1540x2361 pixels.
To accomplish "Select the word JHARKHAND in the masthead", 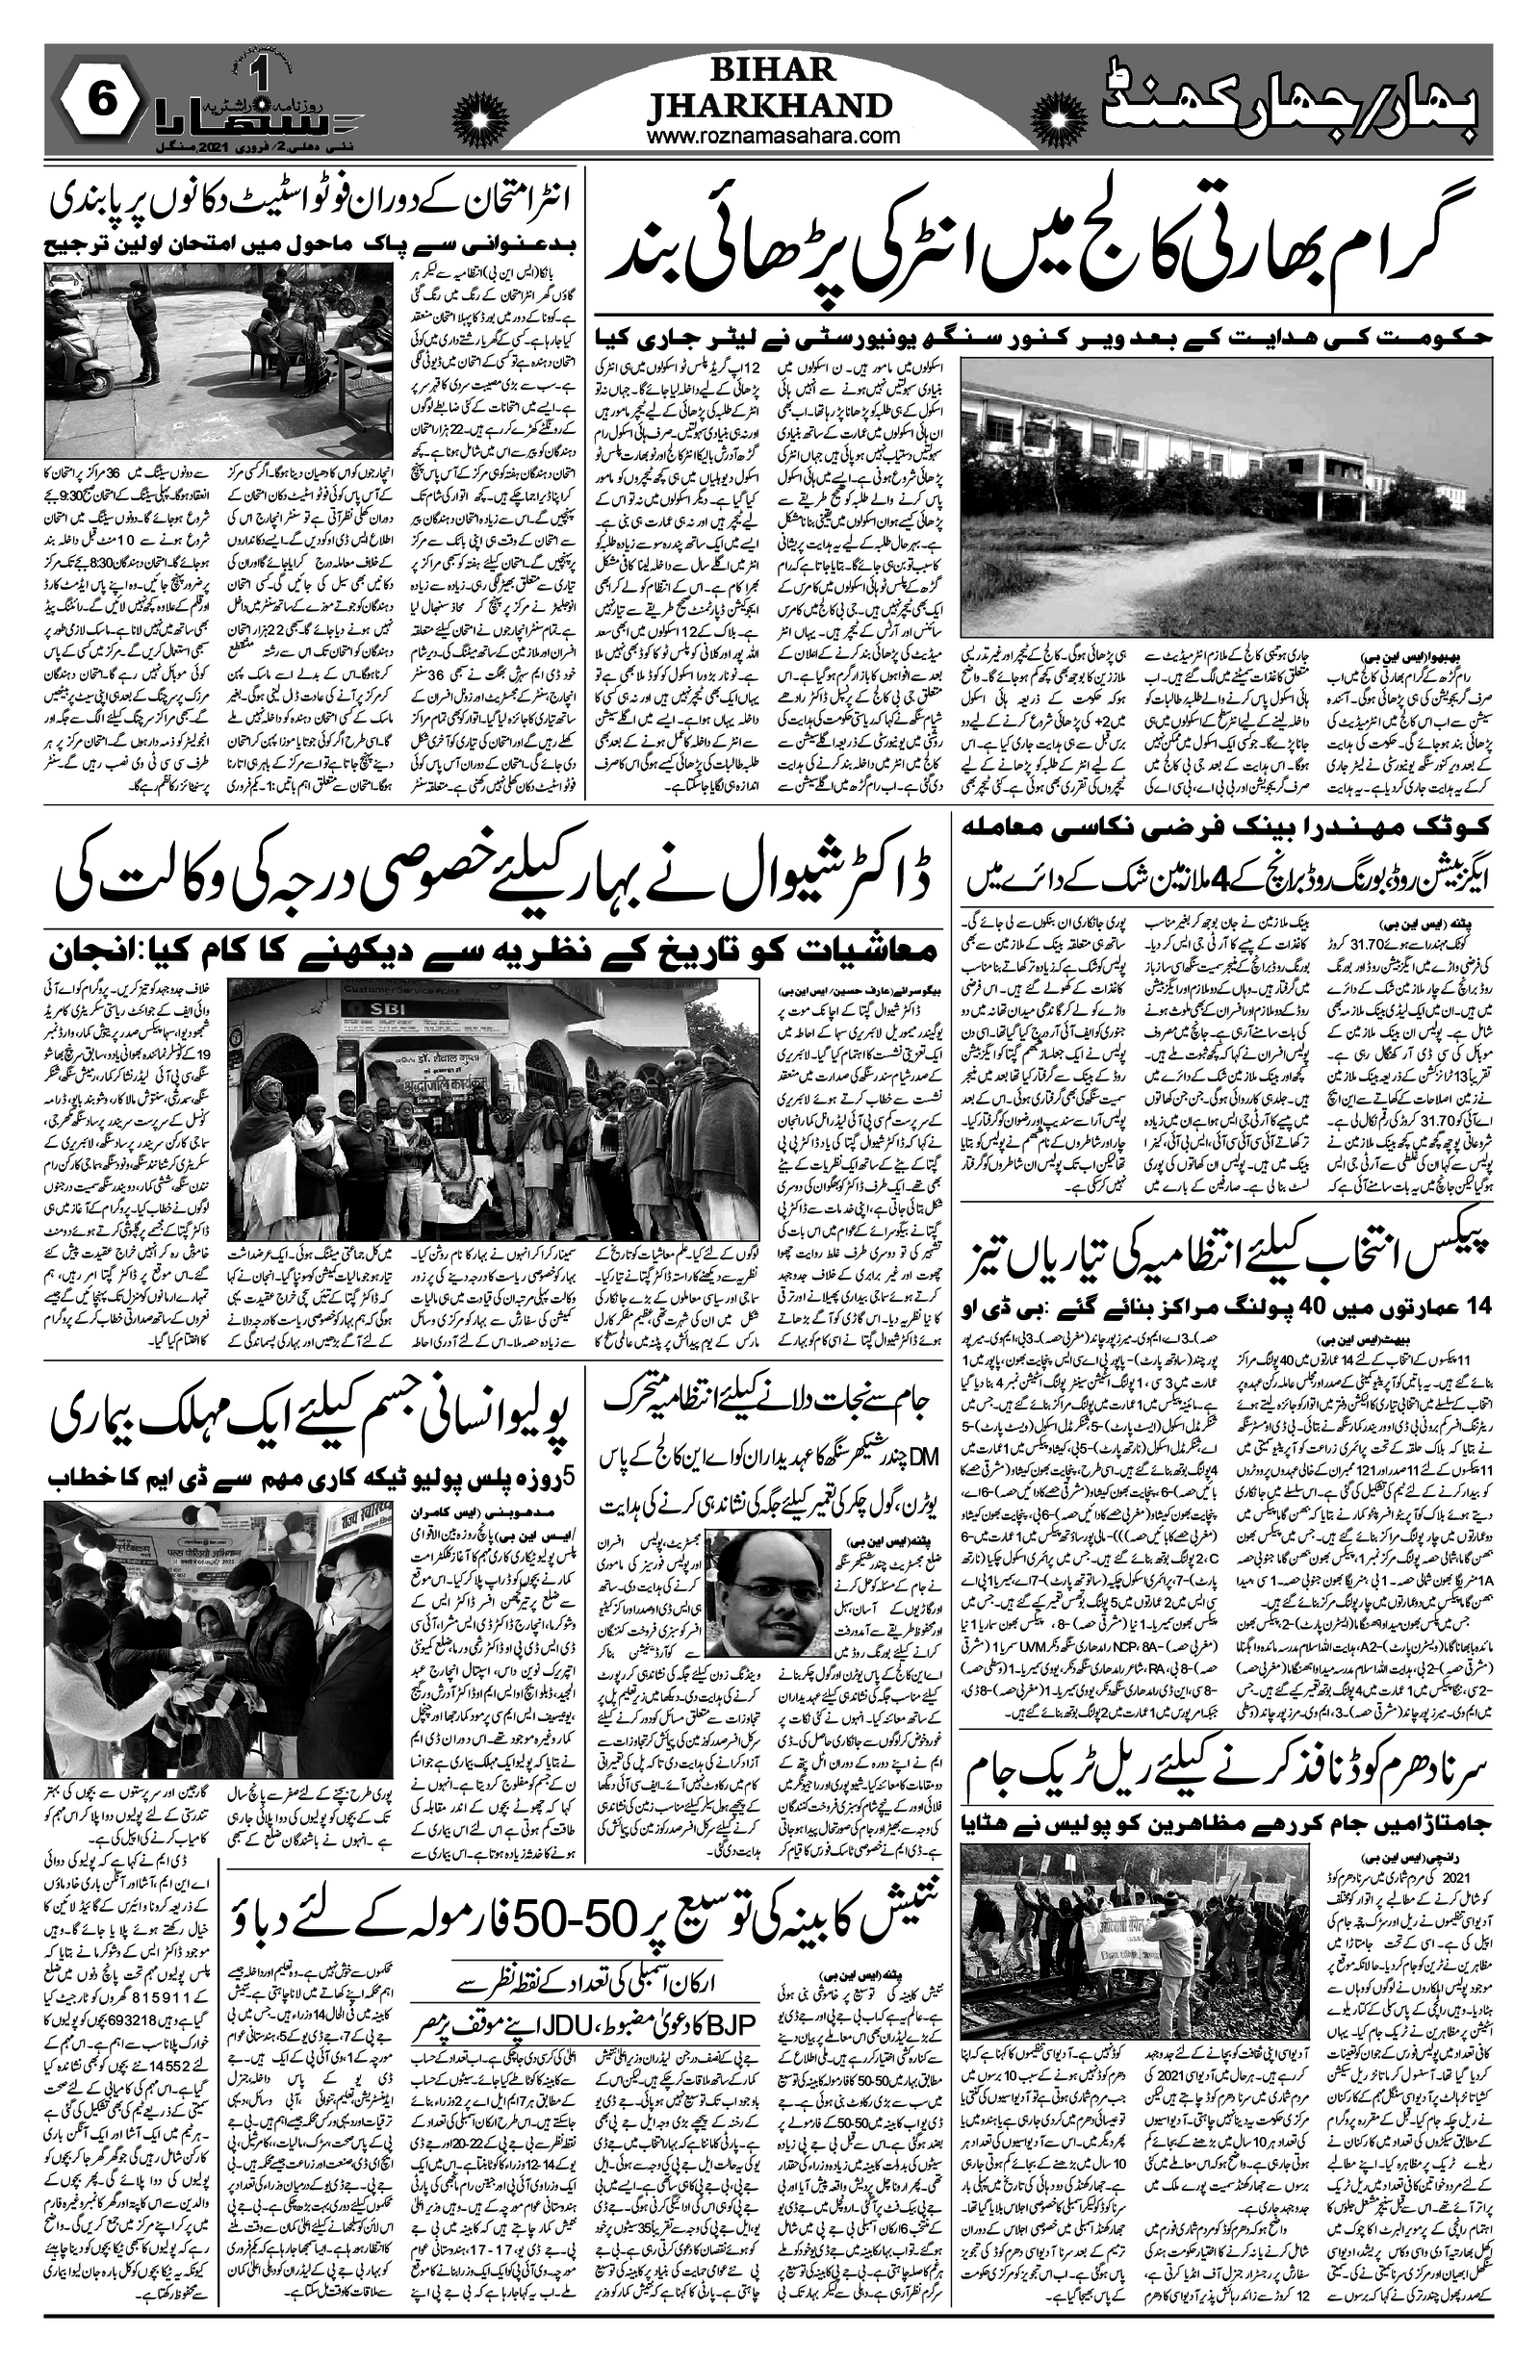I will [770, 103].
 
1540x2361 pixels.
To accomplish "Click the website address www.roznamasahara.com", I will [772, 137].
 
